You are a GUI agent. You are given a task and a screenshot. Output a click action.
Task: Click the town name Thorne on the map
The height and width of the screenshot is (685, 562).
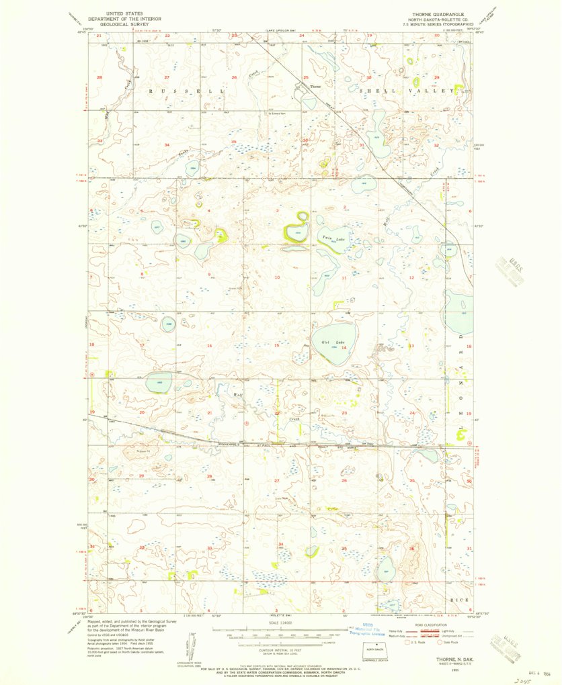point(315,87)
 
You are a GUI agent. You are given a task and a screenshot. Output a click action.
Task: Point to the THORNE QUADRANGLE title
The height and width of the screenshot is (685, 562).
point(433,13)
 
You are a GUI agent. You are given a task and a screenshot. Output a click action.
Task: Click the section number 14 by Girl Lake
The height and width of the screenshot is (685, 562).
point(344,348)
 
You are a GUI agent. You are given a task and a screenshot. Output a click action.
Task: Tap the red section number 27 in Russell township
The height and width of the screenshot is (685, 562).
point(168,78)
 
